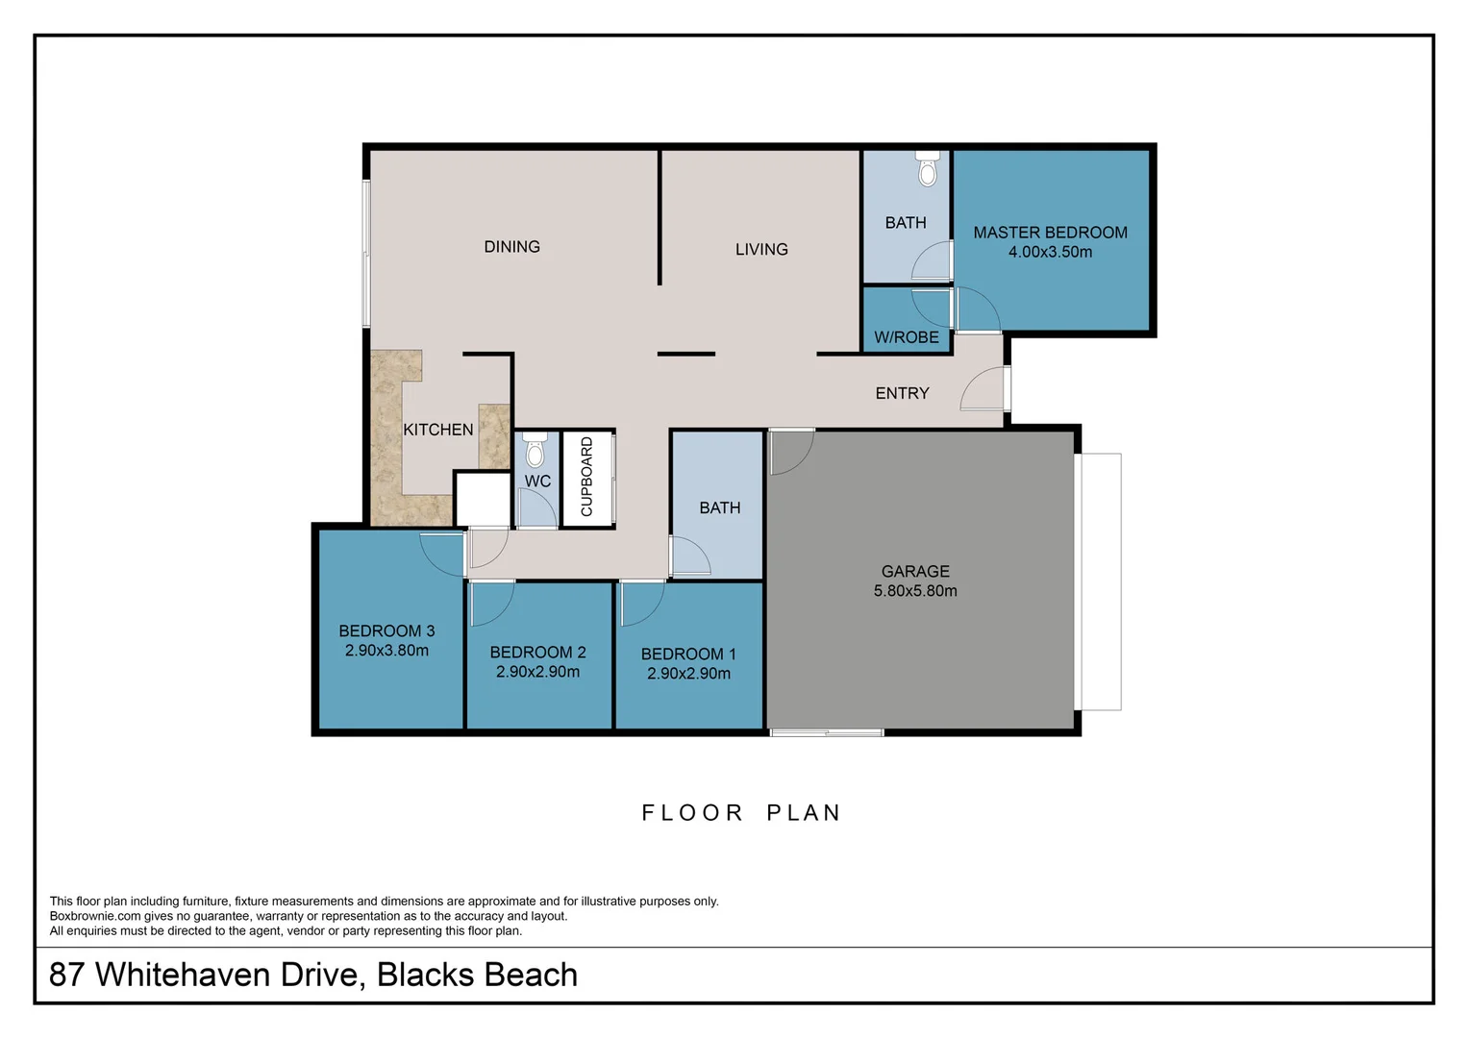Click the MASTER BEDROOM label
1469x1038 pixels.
click(1050, 233)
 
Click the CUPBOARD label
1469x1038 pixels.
click(586, 477)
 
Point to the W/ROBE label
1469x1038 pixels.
click(906, 337)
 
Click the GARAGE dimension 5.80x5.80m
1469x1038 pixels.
click(915, 591)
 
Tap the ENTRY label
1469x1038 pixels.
click(902, 393)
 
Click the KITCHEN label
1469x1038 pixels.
click(437, 430)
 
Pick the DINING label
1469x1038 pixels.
click(511, 247)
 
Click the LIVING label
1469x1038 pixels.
click(761, 250)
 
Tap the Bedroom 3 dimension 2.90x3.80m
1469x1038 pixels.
click(386, 651)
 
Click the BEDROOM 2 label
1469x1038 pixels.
click(537, 653)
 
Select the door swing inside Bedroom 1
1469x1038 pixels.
click(640, 604)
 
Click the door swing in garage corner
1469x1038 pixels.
click(790, 452)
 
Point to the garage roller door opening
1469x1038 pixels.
click(1098, 581)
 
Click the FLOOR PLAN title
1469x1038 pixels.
click(741, 813)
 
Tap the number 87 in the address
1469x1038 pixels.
click(66, 975)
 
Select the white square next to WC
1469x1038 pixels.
click(482, 499)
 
